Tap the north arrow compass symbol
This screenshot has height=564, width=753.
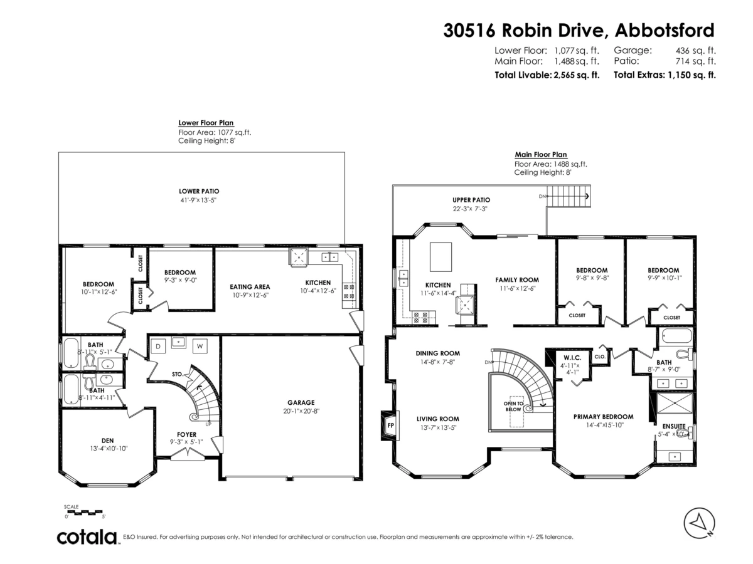click(699, 522)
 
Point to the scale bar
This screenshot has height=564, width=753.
click(84, 513)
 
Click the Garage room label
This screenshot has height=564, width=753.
click(301, 403)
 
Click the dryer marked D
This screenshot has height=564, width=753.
click(158, 345)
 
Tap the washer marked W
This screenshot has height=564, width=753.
click(200, 345)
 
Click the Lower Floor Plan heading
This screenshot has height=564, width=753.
click(206, 123)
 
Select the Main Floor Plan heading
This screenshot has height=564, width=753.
click(540, 154)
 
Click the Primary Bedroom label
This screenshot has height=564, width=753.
click(603, 416)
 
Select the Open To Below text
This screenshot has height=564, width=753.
click(513, 406)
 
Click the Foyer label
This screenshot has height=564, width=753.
click(186, 434)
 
